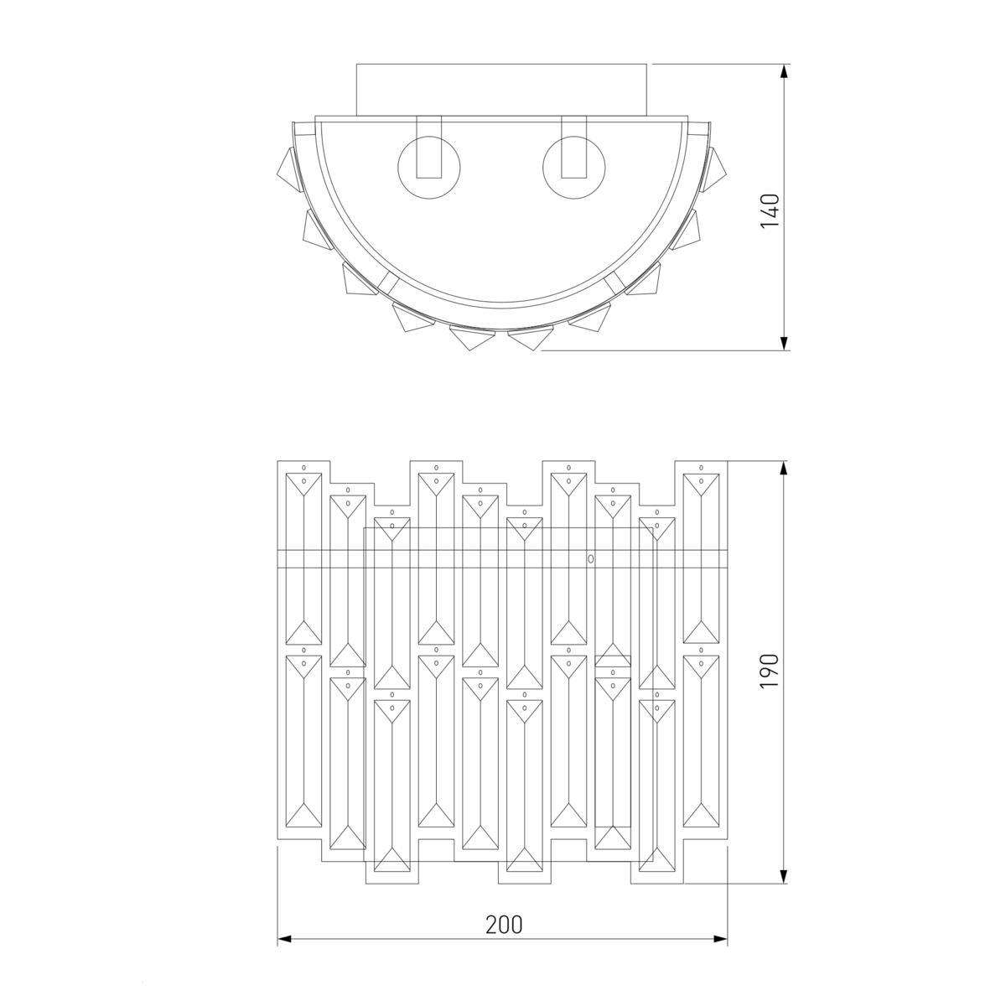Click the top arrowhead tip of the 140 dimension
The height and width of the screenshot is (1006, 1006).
(783, 65)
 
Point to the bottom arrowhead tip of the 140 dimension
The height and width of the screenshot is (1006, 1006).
(783, 350)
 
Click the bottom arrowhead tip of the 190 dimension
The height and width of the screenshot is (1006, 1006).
(783, 884)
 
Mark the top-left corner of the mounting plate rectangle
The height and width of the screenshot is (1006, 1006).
(356, 65)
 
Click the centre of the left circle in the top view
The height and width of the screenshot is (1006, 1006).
(429, 168)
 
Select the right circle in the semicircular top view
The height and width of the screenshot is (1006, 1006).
(573, 168)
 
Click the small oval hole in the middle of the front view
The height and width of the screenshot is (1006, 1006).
(590, 558)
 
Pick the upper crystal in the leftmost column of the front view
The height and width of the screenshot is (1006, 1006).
(303, 558)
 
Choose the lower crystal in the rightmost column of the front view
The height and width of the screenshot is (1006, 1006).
(701, 741)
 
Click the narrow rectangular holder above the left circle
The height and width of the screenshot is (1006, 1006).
(429, 147)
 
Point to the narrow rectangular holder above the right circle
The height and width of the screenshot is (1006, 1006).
(573, 147)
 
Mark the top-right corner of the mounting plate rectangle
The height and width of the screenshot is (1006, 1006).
(647, 65)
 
